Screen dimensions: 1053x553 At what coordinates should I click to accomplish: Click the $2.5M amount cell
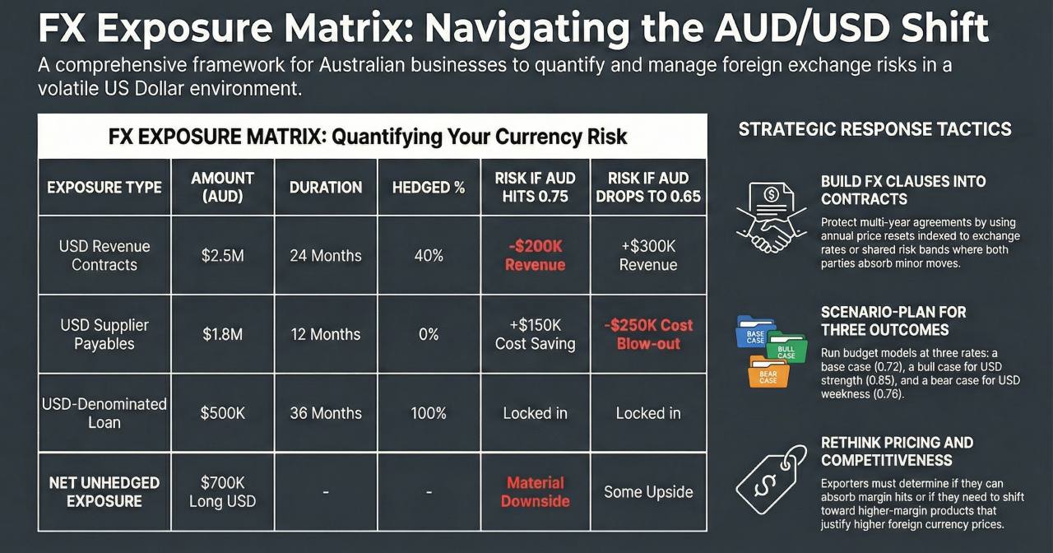tap(222, 255)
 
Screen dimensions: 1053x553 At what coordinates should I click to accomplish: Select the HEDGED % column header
tap(429, 187)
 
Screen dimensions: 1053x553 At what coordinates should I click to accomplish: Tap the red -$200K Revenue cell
tap(535, 255)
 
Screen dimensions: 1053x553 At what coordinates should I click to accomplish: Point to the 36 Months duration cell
tap(326, 413)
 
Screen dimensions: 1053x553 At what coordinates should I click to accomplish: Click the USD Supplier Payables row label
tap(104, 334)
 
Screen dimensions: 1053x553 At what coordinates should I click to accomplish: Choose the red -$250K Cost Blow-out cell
tap(648, 334)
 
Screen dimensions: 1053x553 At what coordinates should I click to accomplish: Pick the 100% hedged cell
tap(429, 413)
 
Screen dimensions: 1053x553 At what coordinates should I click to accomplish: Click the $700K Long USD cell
tap(222, 492)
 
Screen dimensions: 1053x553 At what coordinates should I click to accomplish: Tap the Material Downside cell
tap(535, 492)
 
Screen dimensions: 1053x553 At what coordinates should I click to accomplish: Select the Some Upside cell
tap(648, 492)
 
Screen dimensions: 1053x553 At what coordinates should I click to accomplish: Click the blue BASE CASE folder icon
tap(754, 332)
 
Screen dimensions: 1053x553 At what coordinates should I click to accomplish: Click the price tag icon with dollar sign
tap(771, 479)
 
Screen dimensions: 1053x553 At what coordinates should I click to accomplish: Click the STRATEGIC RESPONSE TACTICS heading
tap(874, 129)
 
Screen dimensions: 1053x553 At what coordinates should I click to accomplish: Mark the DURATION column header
tap(326, 187)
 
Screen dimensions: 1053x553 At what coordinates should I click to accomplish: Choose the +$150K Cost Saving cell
tap(535, 334)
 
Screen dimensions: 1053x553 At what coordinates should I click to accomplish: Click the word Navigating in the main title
tap(526, 29)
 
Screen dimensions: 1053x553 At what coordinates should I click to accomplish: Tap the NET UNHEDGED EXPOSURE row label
tap(104, 492)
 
